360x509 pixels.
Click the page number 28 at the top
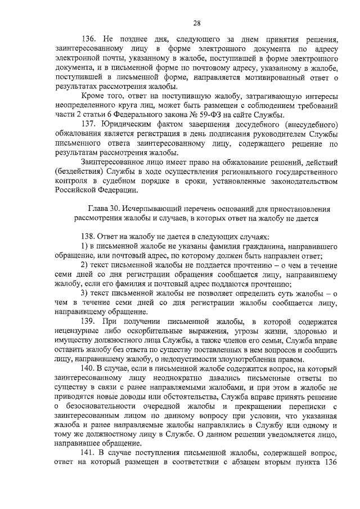196,23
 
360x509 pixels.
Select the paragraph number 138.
89,238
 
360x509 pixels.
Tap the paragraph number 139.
89,321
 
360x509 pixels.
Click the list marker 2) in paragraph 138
84,264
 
